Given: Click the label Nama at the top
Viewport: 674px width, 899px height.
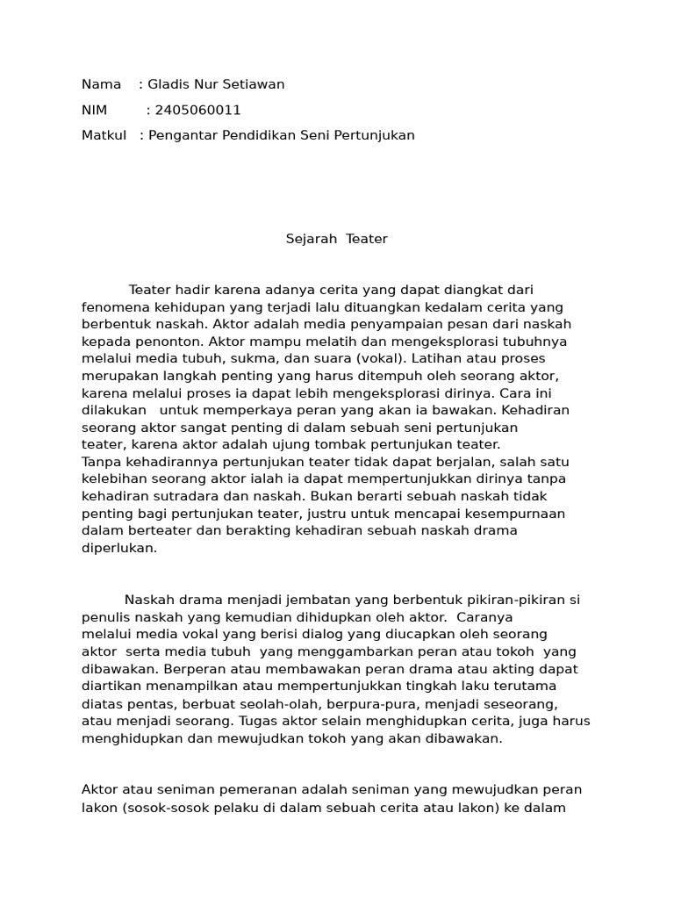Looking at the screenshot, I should [101, 84].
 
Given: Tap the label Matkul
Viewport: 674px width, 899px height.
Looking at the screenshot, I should [104, 135].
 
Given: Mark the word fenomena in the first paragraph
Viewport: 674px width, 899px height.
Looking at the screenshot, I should [113, 307].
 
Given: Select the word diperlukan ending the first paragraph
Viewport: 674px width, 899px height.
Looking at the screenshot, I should [119, 548].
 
